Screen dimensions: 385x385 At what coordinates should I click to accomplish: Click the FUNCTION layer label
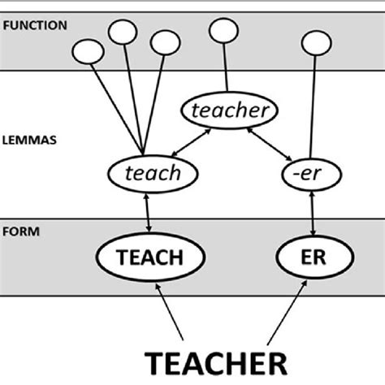point(33,26)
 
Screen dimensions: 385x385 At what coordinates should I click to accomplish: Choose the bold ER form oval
point(313,257)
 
